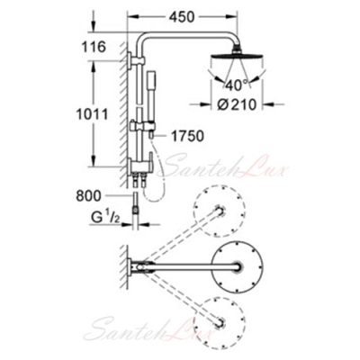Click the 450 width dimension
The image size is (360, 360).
click(x=182, y=17)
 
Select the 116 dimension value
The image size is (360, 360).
click(x=94, y=47)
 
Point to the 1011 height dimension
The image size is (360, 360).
click(x=92, y=114)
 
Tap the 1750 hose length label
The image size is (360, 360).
click(x=187, y=136)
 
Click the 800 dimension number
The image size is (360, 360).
click(x=89, y=196)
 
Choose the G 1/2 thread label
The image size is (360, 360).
click(x=104, y=219)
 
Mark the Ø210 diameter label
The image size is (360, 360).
click(x=238, y=104)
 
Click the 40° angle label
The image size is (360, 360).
click(x=237, y=85)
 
